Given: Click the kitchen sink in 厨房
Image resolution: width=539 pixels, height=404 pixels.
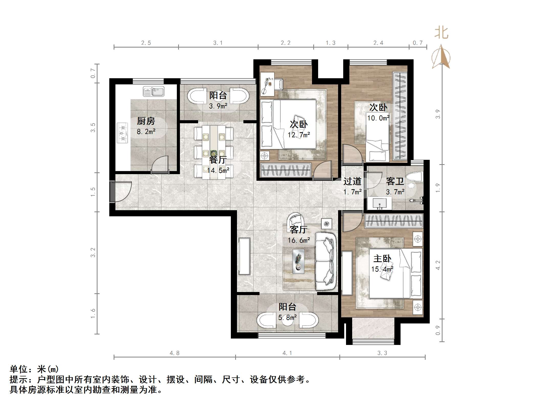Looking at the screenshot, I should [153, 92].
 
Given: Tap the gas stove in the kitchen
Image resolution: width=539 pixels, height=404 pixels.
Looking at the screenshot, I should [122, 133].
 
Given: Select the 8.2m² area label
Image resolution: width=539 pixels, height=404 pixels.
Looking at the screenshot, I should [146, 132].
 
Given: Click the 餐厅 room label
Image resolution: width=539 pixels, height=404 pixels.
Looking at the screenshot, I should [218, 160].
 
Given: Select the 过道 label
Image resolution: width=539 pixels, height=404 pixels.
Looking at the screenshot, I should [352, 181].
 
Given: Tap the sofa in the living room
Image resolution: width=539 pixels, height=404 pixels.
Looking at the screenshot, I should [325, 261].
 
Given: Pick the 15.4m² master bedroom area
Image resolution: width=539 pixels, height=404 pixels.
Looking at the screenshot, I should [382, 269].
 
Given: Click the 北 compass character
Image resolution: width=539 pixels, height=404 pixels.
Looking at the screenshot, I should [441, 33].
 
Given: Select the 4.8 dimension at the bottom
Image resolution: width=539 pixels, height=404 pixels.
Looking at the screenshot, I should [175, 353].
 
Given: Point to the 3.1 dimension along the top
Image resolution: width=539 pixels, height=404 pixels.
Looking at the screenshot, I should [218, 43].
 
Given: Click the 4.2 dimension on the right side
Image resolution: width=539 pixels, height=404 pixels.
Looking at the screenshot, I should [438, 265].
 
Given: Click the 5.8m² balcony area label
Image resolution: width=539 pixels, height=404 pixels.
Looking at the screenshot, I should [287, 317].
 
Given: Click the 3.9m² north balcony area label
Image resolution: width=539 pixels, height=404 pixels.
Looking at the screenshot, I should [218, 106].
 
